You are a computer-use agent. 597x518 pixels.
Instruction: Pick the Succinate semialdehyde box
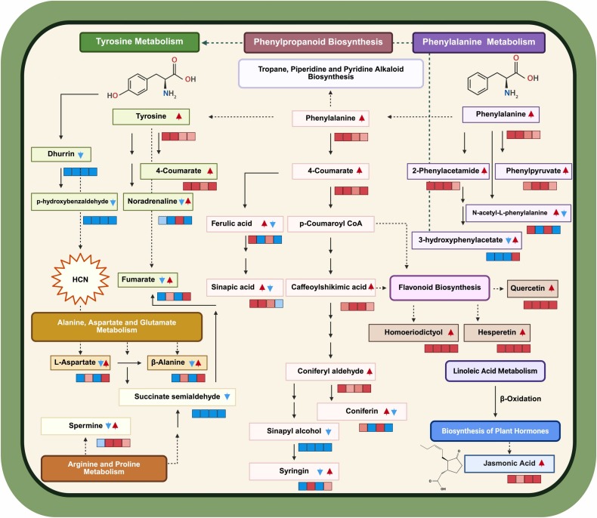pyautogui.click(x=178, y=396)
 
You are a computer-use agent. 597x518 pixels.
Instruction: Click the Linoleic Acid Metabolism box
pyautogui.click(x=496, y=372)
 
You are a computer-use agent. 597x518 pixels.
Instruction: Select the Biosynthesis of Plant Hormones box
pyautogui.click(x=495, y=431)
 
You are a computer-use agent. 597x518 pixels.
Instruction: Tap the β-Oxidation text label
pyautogui.click(x=521, y=398)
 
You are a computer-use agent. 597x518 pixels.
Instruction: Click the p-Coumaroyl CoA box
pyautogui.click(x=331, y=224)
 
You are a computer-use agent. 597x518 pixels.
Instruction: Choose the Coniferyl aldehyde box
pyautogui.click(x=330, y=372)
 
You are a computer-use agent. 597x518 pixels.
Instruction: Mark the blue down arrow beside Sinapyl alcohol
pyautogui.click(x=328, y=431)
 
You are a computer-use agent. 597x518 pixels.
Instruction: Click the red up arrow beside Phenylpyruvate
pyautogui.click(x=565, y=171)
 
